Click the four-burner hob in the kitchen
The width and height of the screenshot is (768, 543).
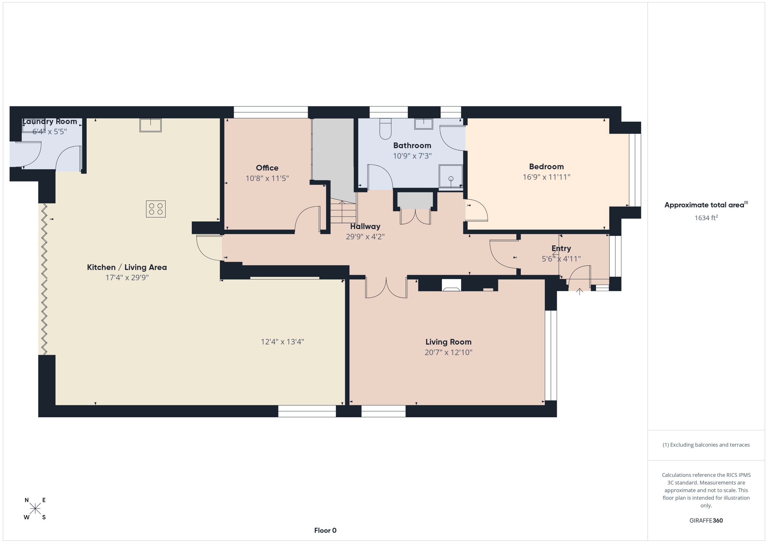click(x=156, y=209)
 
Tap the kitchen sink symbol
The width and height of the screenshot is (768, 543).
click(x=150, y=125)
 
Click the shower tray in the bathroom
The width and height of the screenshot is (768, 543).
click(x=450, y=176)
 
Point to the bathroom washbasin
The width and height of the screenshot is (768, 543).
click(x=423, y=124)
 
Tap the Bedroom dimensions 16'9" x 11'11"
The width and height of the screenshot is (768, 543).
click(x=546, y=177)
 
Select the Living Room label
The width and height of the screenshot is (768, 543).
click(x=448, y=342)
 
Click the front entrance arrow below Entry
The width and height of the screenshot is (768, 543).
click(x=579, y=292)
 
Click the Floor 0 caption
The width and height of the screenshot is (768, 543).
click(x=325, y=530)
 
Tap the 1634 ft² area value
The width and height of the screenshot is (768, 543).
click(x=706, y=218)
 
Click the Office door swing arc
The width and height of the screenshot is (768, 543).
click(x=306, y=217)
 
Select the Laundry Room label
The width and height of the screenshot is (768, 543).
click(x=50, y=121)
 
